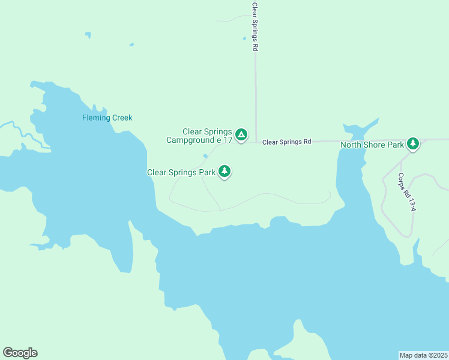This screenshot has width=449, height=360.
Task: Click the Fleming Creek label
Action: click(x=107, y=118)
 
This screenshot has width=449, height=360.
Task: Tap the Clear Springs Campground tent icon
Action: click(x=241, y=135)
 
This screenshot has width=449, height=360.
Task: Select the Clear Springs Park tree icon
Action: click(x=224, y=172)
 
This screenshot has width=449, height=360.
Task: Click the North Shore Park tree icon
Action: click(x=412, y=144)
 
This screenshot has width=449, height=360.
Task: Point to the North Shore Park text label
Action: click(x=372, y=145)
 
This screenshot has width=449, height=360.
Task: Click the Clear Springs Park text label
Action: click(x=181, y=172)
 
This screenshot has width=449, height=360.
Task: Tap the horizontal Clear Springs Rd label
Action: click(x=287, y=142)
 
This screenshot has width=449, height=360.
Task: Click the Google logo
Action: click(x=20, y=353)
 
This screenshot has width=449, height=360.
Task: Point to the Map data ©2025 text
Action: click(x=423, y=355)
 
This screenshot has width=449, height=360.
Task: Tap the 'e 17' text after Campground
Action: click(x=224, y=140)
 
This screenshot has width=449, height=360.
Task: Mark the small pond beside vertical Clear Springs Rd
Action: click(x=244, y=39)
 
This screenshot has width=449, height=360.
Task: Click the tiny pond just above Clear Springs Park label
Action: click(x=205, y=157)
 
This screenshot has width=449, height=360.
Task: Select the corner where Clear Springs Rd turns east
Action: click(x=256, y=142)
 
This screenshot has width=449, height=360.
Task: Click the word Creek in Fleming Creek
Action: click(x=121, y=118)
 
